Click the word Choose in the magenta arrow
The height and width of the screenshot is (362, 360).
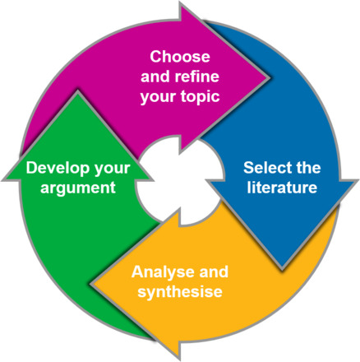[x=180, y=57]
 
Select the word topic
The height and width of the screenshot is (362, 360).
[x=200, y=97]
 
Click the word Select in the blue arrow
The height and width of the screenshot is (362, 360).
[x=264, y=167]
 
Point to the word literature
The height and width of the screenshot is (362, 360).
[x=282, y=188]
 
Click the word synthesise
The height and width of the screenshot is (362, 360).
[x=180, y=292]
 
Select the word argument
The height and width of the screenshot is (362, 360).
[x=78, y=188]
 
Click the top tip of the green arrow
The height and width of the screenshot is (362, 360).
[x=78, y=92]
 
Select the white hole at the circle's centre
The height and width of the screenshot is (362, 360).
[x=180, y=180]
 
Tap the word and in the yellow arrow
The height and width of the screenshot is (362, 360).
[x=214, y=272]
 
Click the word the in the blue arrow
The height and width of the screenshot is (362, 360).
[x=305, y=167]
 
